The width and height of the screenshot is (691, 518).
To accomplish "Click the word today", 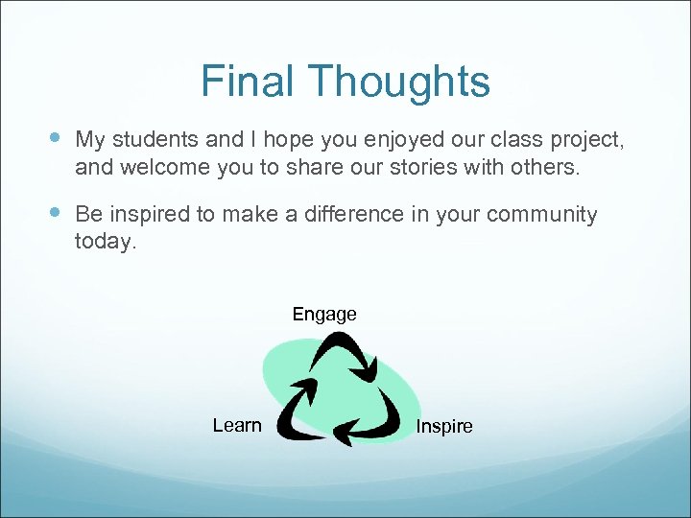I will (x=106, y=242).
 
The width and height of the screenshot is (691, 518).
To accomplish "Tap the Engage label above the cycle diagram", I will (x=324, y=314).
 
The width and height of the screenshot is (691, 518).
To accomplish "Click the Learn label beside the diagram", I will (x=237, y=425).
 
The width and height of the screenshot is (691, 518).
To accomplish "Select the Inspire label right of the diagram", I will (x=444, y=426).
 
